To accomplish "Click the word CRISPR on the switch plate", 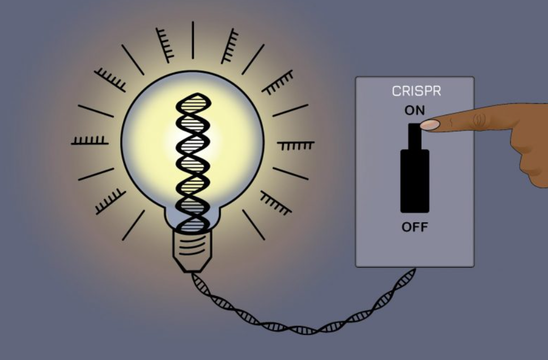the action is point(417,91).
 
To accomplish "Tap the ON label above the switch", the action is point(415,111).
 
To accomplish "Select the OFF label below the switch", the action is point(415,227).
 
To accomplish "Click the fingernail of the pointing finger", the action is point(430,125).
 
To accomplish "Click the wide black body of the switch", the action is point(414,181).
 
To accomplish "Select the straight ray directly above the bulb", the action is point(193,40).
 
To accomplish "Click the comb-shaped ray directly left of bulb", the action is point(90,141).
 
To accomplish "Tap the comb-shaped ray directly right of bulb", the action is point(296,145).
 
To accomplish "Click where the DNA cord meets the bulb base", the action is point(193,273).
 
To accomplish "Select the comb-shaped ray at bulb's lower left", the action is point(110,201).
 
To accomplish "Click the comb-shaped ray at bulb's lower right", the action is point(276,203).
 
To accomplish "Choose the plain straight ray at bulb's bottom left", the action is point(133,225).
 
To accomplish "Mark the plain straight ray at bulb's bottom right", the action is point(253,225).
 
